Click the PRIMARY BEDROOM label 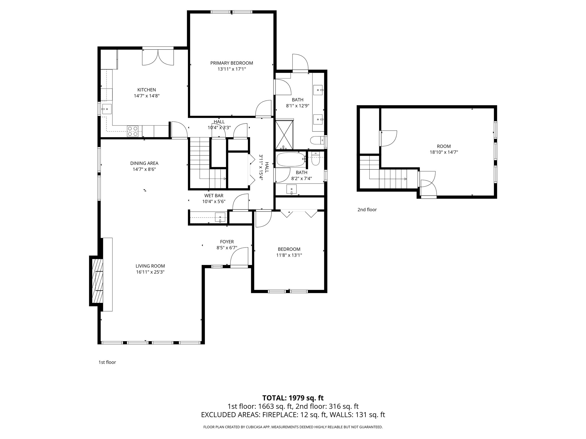[x=231, y=63]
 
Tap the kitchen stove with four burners [x=132, y=131]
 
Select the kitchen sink [x=107, y=109]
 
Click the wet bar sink [x=220, y=217]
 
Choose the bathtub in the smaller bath [x=290, y=159]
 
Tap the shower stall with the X [x=284, y=135]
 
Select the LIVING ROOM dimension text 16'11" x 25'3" [x=150, y=272]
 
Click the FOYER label [x=227, y=242]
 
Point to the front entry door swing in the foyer [x=239, y=257]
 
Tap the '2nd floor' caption [x=367, y=210]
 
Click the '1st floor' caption [x=107, y=362]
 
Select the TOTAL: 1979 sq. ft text [x=293, y=398]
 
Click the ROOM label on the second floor [x=444, y=146]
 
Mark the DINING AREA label [x=144, y=163]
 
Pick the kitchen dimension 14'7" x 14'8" [x=147, y=96]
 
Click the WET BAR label [x=214, y=195]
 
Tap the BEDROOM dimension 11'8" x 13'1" [x=289, y=255]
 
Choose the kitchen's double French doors [x=158, y=57]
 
